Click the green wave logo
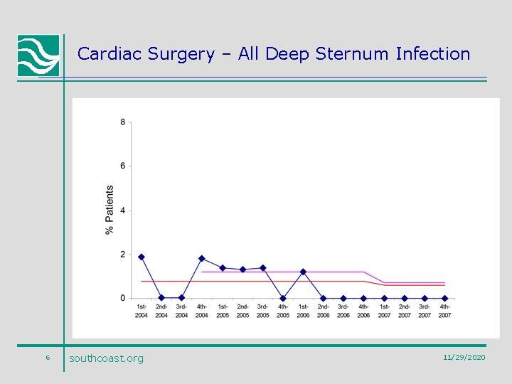point(38,55)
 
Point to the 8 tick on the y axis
point(122,122)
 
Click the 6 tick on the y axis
point(122,166)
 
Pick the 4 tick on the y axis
point(122,210)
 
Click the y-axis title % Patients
point(110,210)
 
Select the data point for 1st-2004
point(142,257)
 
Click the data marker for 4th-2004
point(202,258)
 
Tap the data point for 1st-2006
point(303,272)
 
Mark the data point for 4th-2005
point(283,299)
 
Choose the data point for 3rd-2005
point(262,268)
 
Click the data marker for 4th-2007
point(444,299)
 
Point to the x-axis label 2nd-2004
point(161,311)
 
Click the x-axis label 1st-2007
point(384,311)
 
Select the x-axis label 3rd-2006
point(343,311)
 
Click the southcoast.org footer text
point(106,358)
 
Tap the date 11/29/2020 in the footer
point(464,357)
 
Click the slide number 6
point(47,357)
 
